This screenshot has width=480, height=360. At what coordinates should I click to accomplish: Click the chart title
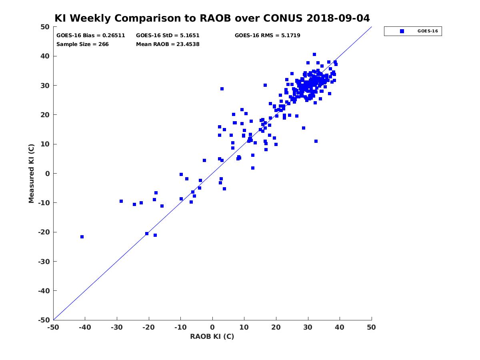[x=212, y=18]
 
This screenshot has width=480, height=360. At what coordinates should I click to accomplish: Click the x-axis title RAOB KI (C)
[x=212, y=336]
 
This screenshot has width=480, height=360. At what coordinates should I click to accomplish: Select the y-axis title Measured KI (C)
[x=32, y=173]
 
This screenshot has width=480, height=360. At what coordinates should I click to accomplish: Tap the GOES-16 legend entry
[x=413, y=31]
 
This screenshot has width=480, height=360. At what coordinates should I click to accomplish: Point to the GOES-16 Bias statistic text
[x=91, y=35]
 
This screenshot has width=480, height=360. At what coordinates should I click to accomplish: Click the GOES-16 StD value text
[x=168, y=35]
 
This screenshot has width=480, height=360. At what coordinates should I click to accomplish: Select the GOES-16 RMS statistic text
[x=267, y=35]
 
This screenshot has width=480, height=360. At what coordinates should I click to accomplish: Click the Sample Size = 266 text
[x=82, y=44]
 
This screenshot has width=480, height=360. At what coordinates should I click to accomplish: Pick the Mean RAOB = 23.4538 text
[x=168, y=44]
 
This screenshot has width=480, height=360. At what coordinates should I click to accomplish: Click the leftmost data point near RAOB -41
[x=82, y=237]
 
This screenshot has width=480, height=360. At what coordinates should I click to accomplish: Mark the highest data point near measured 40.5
[x=314, y=54]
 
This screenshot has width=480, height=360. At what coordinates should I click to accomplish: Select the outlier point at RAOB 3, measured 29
[x=222, y=89]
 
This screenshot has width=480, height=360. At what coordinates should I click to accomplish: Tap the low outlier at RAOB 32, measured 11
[x=316, y=141]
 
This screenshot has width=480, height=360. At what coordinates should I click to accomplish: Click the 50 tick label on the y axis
[x=45, y=27]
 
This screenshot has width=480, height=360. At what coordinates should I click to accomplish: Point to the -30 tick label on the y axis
[x=43, y=261]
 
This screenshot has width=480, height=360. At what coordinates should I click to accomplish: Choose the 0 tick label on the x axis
[x=212, y=328]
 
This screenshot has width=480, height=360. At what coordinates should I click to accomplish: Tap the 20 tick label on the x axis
[x=276, y=328]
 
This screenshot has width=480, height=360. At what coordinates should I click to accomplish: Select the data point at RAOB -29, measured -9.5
[x=121, y=201]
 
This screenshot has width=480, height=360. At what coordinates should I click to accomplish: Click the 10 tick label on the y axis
[x=45, y=144]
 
